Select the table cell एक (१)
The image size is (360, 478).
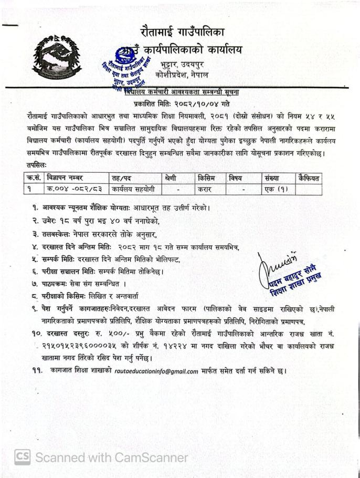(276, 189)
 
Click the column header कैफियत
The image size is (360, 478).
(308, 179)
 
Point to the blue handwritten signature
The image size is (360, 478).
(277, 258)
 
